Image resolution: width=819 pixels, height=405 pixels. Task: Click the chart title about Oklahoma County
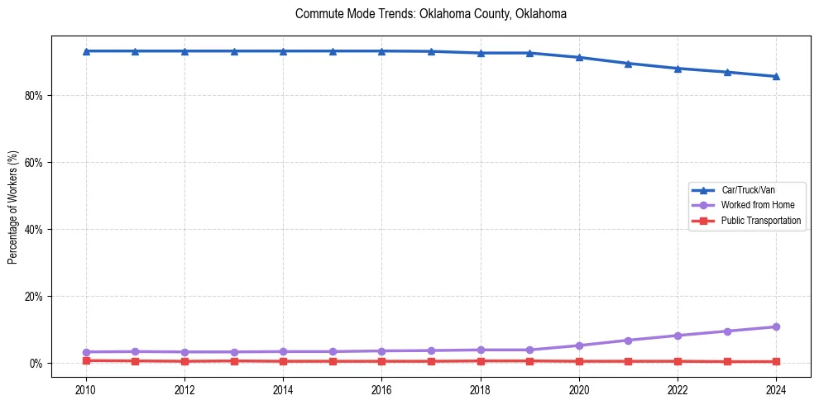click(x=430, y=14)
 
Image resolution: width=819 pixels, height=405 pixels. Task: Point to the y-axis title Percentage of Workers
click(x=12, y=207)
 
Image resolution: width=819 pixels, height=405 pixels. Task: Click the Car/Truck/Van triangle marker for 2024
click(x=776, y=76)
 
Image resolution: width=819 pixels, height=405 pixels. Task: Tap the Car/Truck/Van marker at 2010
click(x=86, y=51)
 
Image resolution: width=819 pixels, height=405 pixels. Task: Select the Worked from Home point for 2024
click(x=776, y=327)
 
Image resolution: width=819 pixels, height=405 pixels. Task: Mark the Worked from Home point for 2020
click(x=579, y=345)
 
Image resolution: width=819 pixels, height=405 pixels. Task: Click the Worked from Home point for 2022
click(x=678, y=336)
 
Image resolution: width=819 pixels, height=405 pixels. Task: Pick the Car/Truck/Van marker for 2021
click(x=628, y=63)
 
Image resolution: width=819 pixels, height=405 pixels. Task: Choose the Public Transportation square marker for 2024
click(x=776, y=362)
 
